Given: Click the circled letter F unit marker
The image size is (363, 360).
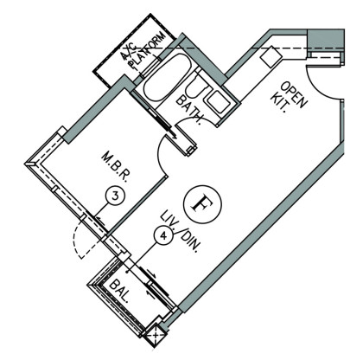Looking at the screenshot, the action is click(202, 204).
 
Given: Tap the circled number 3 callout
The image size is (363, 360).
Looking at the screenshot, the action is click(115, 196).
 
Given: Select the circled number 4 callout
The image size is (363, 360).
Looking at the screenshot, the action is click(163, 235).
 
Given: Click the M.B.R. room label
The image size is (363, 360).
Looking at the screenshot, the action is click(115, 168).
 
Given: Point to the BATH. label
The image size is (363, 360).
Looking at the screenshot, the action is click(189, 110).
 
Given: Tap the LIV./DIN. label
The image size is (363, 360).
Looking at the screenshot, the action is click(181, 232).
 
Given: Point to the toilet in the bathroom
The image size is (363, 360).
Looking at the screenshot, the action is click(196, 87).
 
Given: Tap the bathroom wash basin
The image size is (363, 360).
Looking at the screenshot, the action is click(219, 102).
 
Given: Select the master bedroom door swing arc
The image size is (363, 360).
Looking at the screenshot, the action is click(159, 155).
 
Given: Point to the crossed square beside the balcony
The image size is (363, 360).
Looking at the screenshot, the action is click(156, 336).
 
